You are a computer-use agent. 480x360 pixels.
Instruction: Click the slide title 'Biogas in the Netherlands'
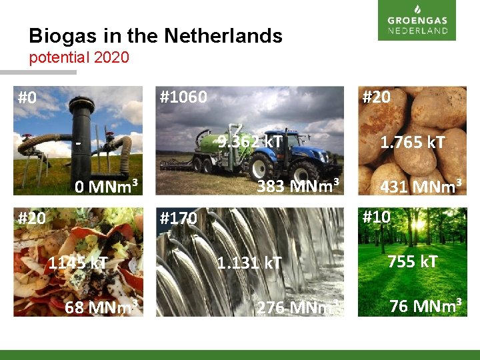[155, 35]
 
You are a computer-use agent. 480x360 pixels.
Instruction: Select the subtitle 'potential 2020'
[79, 57]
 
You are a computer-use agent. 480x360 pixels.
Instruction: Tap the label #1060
[183, 97]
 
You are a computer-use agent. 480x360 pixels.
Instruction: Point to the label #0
[27, 99]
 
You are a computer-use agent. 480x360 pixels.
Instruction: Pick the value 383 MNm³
[299, 185]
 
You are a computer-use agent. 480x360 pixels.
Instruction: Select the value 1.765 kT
[413, 142]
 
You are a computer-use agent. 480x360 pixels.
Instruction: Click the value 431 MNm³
[421, 187]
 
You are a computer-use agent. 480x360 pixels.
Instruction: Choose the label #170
[179, 218]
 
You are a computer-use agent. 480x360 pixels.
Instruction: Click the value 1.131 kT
[249, 263]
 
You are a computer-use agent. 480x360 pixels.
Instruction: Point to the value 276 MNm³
[299, 307]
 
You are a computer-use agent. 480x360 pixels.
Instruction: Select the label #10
[376, 217]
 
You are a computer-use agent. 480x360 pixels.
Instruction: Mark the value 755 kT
[413, 261]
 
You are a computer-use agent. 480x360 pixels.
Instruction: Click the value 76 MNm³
[426, 306]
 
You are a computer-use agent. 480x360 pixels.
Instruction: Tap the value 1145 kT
[77, 263]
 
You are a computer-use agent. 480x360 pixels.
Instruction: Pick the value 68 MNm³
[101, 307]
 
